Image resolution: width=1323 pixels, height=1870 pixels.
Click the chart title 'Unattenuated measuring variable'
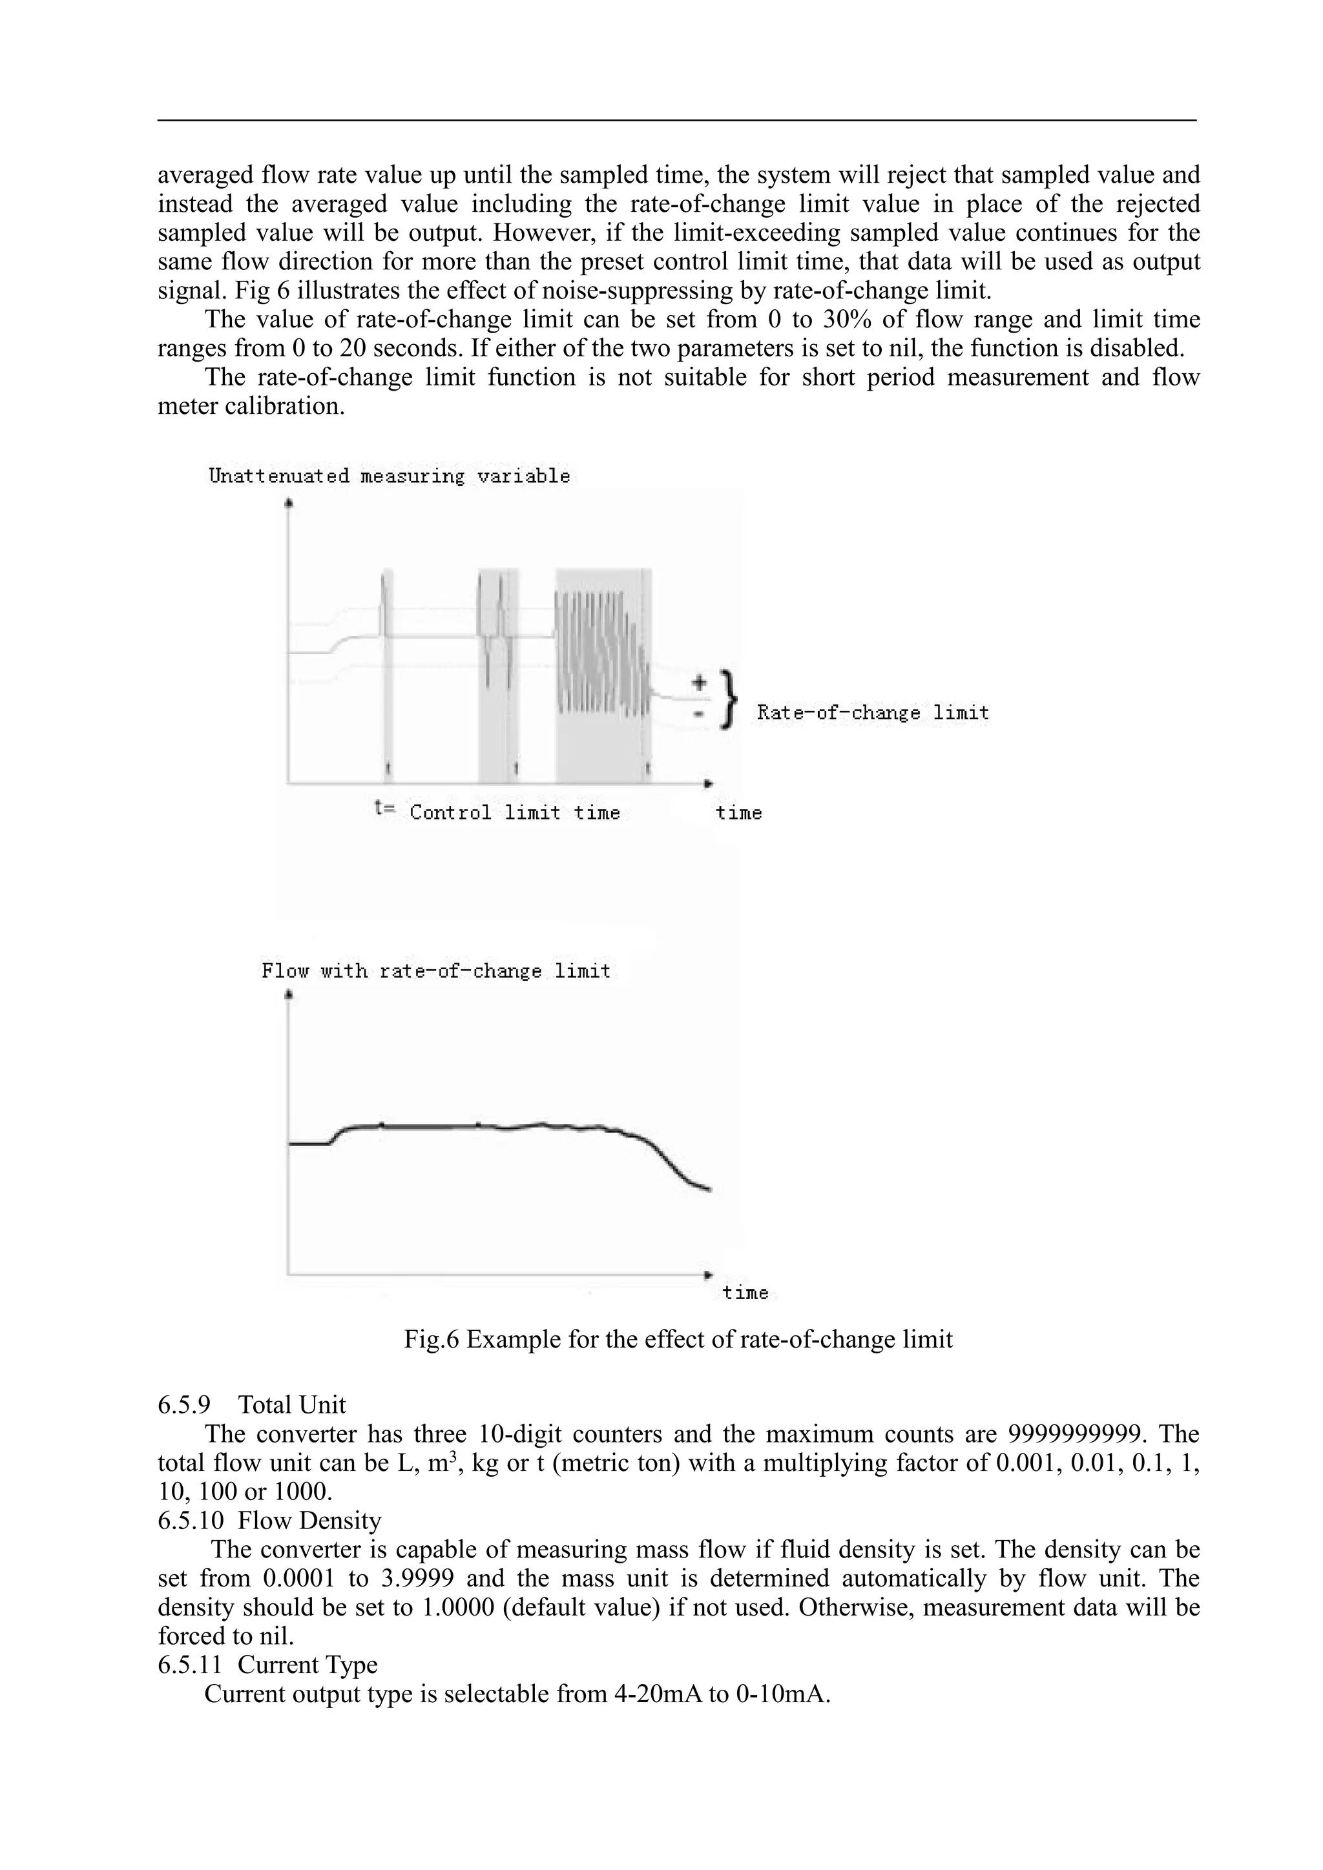390,477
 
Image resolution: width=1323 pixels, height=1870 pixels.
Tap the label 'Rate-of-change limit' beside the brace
873,714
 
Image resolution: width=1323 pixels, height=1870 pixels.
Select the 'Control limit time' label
515,813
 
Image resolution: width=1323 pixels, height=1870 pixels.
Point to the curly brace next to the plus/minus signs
730,699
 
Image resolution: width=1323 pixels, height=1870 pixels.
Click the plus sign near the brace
698,682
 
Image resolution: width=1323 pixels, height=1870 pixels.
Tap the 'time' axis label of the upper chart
739,813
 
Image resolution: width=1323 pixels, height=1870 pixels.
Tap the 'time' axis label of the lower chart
745,1293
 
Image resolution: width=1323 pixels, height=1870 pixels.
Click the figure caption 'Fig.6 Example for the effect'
678,1340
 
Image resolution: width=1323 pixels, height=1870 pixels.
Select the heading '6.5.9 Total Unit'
252,1405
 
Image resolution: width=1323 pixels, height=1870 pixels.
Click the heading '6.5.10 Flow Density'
269,1521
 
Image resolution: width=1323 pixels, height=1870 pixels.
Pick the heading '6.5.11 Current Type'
267,1665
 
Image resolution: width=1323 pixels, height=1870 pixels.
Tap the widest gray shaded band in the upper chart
603,676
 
